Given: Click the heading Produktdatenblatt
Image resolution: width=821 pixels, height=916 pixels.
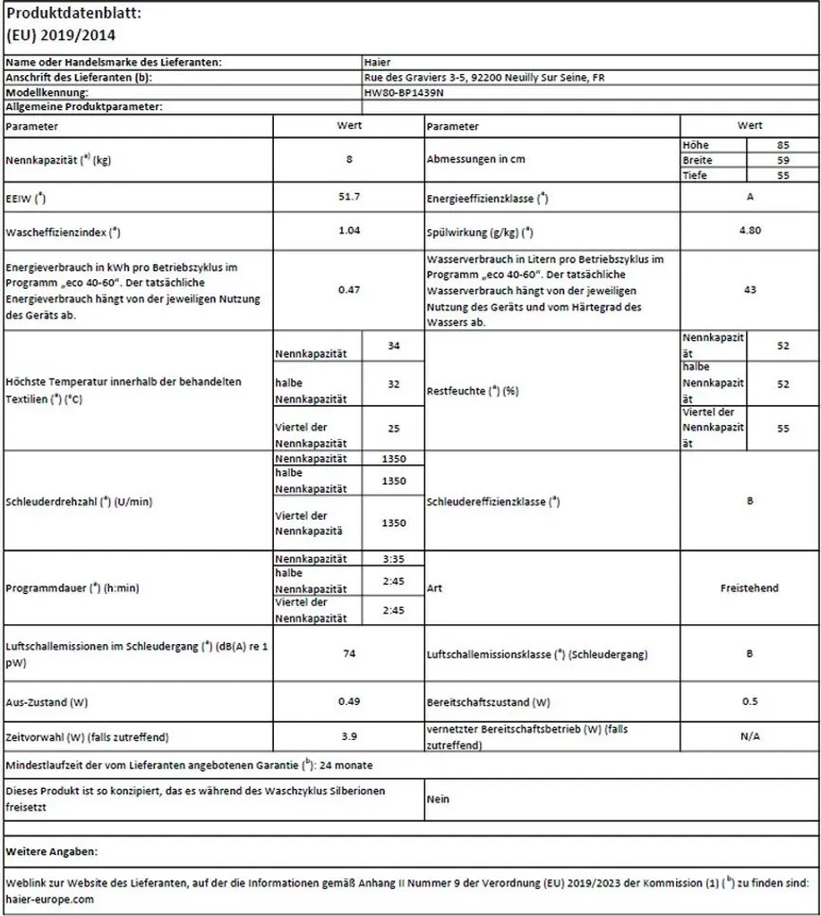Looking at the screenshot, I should (73, 14).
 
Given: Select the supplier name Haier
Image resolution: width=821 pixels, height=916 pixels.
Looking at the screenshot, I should (377, 63).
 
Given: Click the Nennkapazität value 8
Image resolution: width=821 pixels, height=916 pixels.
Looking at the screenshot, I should (349, 159).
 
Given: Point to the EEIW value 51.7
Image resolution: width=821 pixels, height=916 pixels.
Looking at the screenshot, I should (349, 195).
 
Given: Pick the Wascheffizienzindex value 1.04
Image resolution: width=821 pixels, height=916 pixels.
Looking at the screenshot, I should (349, 230).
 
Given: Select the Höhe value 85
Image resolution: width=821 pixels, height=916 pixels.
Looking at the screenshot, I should (783, 144).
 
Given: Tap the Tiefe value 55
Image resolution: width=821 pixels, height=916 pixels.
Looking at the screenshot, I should (783, 175).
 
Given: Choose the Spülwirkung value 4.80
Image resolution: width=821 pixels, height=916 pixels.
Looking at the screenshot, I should (749, 230).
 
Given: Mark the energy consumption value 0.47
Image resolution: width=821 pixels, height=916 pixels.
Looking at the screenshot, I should (349, 289).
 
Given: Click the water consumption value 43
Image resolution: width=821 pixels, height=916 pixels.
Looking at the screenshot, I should (749, 289).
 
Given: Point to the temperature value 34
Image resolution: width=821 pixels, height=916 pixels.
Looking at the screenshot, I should (393, 345).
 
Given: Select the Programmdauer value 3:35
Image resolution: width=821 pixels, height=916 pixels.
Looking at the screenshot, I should (393, 559).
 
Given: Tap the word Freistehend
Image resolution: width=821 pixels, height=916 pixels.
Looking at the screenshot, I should (749, 588).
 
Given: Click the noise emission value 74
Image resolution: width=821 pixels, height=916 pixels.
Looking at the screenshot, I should (349, 654).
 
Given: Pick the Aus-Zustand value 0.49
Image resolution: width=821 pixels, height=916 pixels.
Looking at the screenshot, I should (349, 700).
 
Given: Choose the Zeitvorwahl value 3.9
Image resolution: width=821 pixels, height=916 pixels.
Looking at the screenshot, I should (349, 736).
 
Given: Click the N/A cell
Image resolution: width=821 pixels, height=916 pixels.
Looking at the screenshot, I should (749, 736).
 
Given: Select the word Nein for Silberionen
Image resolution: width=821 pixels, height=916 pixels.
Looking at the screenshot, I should (438, 799).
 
